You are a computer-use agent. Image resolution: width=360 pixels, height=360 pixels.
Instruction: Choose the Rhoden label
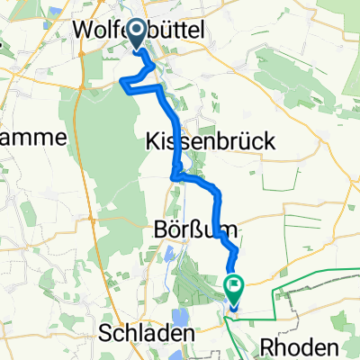[300, 346]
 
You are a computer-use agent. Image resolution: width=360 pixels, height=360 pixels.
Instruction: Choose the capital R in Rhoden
[263, 346]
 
